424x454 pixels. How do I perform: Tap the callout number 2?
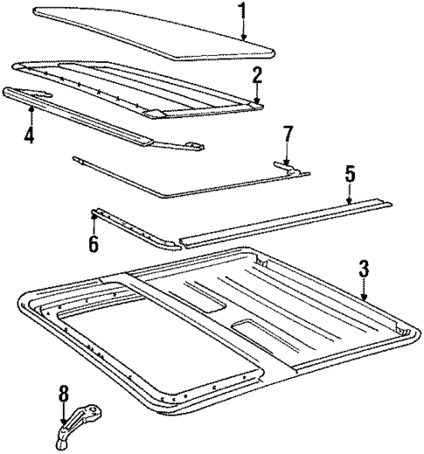tap(257, 76)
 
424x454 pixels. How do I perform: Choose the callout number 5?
tap(349, 175)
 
